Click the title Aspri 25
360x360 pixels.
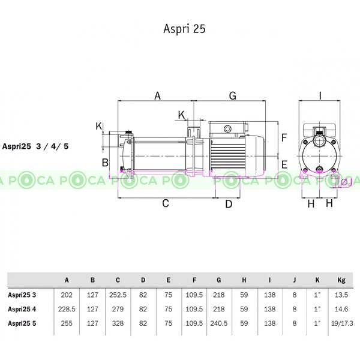click(184, 29)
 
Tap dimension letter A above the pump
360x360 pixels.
click(158, 95)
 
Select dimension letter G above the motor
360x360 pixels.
click(232, 95)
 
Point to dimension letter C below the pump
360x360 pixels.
click(166, 203)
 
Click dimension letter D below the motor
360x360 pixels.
click(228, 204)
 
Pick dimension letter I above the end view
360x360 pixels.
click(320, 95)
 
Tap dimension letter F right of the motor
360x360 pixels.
click(285, 137)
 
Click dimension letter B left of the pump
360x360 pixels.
click(104, 163)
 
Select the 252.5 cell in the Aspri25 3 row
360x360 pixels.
click(118, 295)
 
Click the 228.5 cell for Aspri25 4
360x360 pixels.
click(67, 309)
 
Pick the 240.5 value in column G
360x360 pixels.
click(219, 323)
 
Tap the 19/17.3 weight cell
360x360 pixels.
click(341, 323)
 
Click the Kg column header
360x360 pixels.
click(341, 280)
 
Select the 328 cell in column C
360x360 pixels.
click(118, 323)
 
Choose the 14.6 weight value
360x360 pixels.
click(341, 309)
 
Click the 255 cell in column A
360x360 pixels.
click(67, 323)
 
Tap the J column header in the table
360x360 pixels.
click(294, 280)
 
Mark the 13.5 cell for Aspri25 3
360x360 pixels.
click(341, 295)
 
